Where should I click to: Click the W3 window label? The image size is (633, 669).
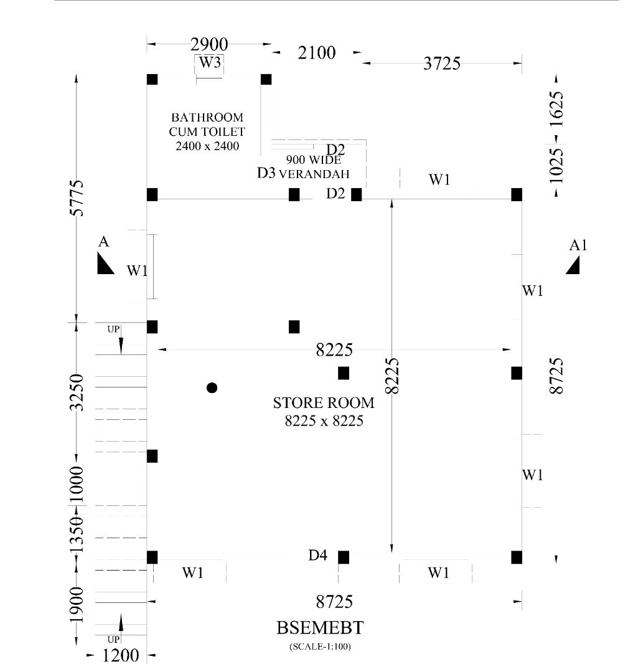(x=210, y=62)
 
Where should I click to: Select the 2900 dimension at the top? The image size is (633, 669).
(x=209, y=44)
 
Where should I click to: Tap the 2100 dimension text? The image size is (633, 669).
(x=317, y=53)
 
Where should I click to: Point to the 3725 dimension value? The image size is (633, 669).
(x=442, y=64)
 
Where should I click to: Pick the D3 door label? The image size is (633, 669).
(x=266, y=173)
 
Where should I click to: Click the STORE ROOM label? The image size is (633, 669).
(x=324, y=403)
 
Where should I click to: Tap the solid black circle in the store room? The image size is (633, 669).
(x=212, y=388)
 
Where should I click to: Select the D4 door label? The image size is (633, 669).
(x=317, y=555)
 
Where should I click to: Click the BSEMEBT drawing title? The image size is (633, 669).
(x=320, y=628)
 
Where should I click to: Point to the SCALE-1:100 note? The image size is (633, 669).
(x=320, y=647)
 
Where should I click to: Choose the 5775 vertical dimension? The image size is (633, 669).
(x=77, y=198)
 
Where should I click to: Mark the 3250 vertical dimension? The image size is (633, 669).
(x=77, y=392)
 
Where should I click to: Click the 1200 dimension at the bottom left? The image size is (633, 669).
(x=121, y=655)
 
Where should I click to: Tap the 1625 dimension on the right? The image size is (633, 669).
(x=556, y=109)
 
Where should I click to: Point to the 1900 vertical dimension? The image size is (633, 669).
(x=77, y=605)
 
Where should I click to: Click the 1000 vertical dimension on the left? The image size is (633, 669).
(x=77, y=485)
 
